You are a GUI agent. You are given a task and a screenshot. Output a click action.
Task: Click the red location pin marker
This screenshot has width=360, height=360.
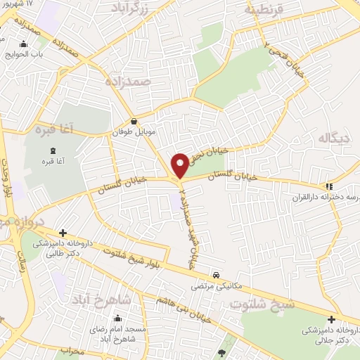(181, 165)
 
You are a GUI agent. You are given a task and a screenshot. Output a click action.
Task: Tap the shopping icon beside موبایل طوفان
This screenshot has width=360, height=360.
(134, 120)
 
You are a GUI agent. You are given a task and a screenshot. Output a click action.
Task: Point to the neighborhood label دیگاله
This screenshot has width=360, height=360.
(333, 138)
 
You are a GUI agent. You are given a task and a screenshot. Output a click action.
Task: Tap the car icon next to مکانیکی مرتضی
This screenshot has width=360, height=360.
(216, 275)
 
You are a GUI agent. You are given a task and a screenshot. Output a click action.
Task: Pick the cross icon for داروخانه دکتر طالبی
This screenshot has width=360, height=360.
(63, 231)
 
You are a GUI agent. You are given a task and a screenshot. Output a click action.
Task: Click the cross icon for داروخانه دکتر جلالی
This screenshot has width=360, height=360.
(330, 319)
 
